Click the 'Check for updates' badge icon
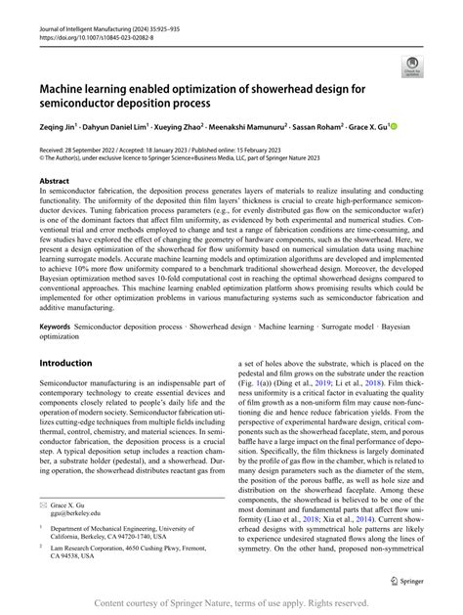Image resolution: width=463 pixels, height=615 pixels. click(408, 66)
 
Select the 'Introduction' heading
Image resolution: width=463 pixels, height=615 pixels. click(65, 334)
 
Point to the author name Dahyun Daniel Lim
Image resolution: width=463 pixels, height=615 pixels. click(130, 127)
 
